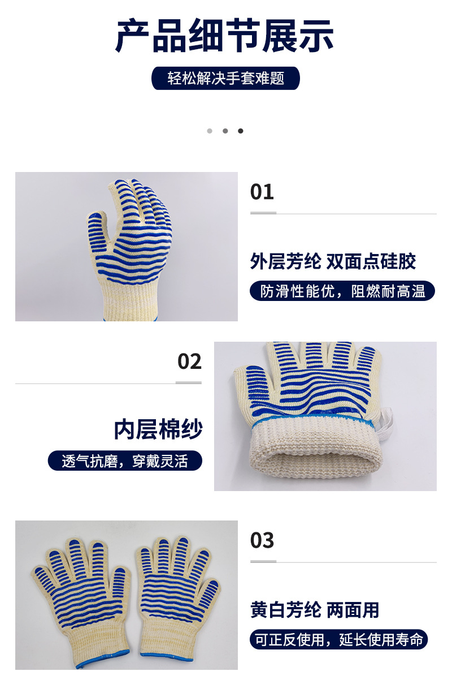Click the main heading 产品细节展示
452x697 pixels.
225,36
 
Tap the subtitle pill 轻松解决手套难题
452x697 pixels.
225,78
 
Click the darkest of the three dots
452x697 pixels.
241,131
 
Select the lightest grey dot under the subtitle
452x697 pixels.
210,131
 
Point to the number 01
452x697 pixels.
262,192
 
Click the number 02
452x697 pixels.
189,362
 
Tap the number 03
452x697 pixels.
262,540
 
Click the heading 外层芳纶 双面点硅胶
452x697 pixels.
333,261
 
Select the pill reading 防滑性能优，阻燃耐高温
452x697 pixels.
342,291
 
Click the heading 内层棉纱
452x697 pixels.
158,430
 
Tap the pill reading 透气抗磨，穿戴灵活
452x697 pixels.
125,461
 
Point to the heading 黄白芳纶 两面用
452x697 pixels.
315,609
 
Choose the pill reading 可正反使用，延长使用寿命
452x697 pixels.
339,640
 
